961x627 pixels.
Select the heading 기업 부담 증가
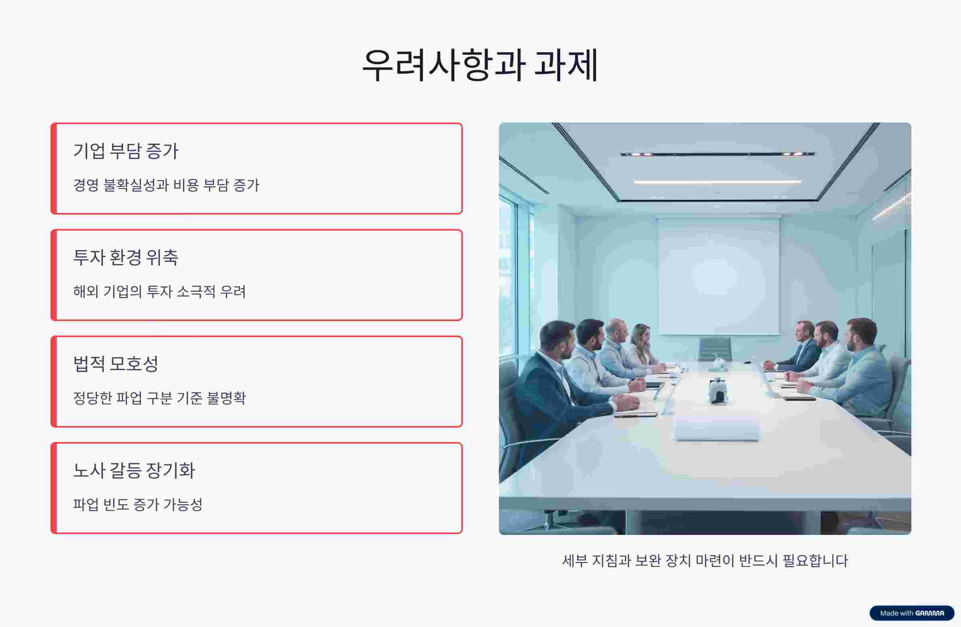[x=126, y=151]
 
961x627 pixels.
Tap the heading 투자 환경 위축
[x=126, y=257]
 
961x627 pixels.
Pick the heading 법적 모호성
[x=115, y=364]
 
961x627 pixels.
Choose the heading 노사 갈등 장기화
[x=134, y=470]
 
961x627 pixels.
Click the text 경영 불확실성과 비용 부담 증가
[x=166, y=185]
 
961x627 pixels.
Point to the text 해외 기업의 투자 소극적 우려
[x=159, y=291]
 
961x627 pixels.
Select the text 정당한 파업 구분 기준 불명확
[x=159, y=398]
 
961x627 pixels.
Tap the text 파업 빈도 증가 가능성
[x=138, y=504]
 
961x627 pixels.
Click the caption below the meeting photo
[x=705, y=561]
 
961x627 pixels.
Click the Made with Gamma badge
[x=912, y=613]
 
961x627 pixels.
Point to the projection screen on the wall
[x=719, y=277]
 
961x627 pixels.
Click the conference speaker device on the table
[x=718, y=391]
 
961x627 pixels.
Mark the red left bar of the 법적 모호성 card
[x=53, y=382]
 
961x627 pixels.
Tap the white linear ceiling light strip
[x=718, y=182]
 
